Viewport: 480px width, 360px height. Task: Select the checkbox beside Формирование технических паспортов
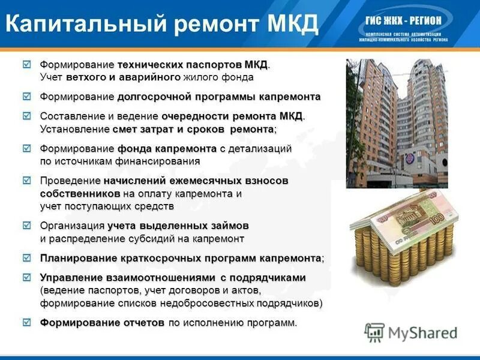(x=26, y=64)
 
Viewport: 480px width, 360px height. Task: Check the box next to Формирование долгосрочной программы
(x=26, y=96)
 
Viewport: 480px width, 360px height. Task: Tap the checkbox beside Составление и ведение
(x=26, y=115)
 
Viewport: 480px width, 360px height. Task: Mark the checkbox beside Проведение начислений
(x=26, y=180)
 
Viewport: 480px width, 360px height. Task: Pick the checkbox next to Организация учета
(x=26, y=226)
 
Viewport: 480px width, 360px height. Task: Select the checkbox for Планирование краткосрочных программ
(x=26, y=258)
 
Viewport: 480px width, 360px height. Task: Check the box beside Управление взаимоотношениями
(x=26, y=277)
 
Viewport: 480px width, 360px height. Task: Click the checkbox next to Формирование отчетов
(x=26, y=323)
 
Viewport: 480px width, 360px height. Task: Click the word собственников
(x=80, y=194)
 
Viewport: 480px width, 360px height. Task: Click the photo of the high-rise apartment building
(x=397, y=123)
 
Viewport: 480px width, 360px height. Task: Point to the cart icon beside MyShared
(x=374, y=332)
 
